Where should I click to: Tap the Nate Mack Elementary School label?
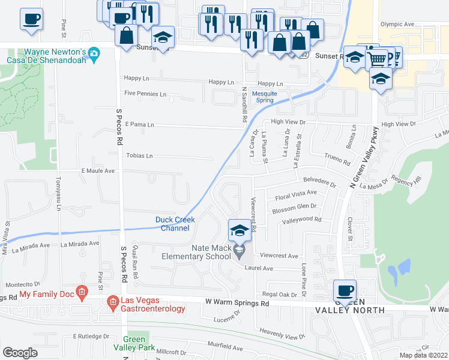click(x=211, y=252)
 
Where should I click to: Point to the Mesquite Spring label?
click(x=264, y=97)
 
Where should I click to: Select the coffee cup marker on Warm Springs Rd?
click(x=345, y=291)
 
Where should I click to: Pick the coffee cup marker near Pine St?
click(x=31, y=19)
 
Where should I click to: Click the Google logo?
click(x=20, y=353)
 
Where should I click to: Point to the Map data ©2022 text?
click(x=423, y=355)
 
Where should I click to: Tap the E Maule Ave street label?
click(x=98, y=171)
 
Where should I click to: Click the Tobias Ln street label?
click(x=139, y=156)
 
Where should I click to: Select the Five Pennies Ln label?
click(x=145, y=94)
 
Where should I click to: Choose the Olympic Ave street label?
click(x=397, y=25)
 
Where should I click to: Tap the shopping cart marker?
click(x=377, y=58)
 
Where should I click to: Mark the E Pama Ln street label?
click(x=139, y=125)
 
